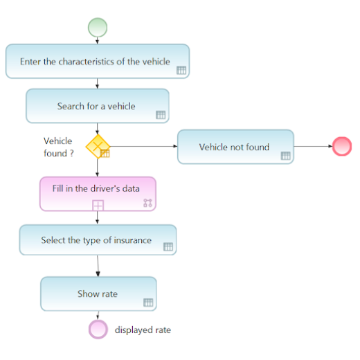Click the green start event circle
[x=98, y=28]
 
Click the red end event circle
[x=342, y=146]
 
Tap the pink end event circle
[x=98, y=330]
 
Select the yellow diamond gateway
[x=98, y=146]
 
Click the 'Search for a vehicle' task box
[x=98, y=106]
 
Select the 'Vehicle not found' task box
[x=235, y=147]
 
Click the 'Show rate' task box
[x=98, y=294]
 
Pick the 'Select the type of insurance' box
[x=98, y=240]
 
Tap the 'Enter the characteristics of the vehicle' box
[x=98, y=61]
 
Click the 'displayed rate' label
[x=143, y=330]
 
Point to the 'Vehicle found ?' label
[x=58, y=147]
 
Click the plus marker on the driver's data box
[x=98, y=205]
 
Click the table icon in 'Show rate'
[x=148, y=303]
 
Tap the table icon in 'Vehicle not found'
[x=285, y=156]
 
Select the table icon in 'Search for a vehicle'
[x=161, y=115]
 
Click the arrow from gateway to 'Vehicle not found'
[x=144, y=146]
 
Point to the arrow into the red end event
[x=313, y=146]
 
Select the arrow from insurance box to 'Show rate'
[x=98, y=266]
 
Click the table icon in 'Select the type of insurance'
[x=168, y=246]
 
